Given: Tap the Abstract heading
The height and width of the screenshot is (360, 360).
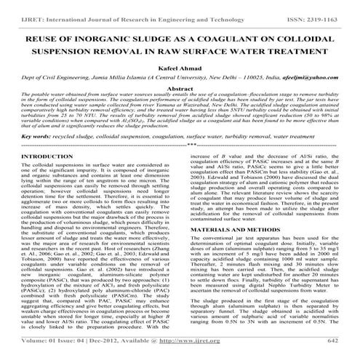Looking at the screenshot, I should click(x=180, y=108).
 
